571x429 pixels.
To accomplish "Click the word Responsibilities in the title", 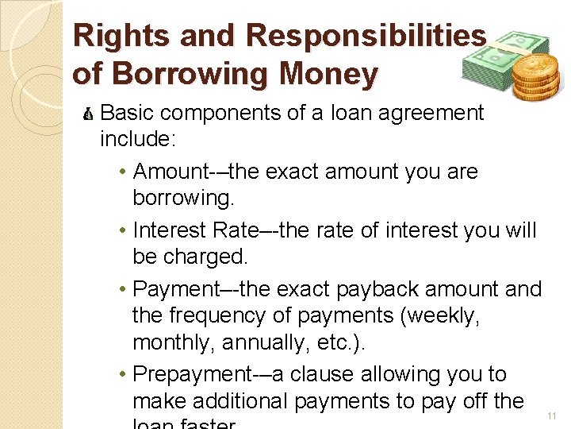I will tap(366, 36).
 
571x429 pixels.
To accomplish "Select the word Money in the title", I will tap(328, 74).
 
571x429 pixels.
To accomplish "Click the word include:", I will tap(138, 141).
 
